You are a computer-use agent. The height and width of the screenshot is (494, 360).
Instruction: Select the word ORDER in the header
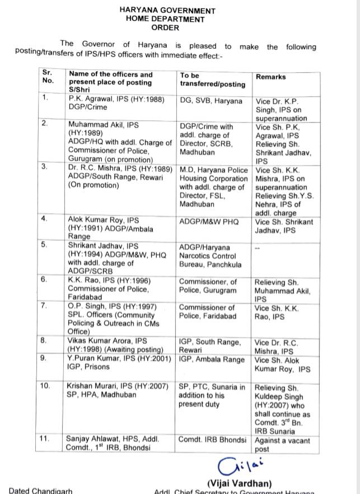point(165,27)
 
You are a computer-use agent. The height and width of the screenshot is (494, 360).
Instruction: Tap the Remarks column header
point(270,77)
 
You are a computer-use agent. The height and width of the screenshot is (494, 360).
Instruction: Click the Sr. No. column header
point(48,77)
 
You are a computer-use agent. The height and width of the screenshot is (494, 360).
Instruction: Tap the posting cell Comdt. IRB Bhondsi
point(212,440)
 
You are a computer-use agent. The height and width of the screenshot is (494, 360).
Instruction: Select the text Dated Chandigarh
point(41,491)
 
